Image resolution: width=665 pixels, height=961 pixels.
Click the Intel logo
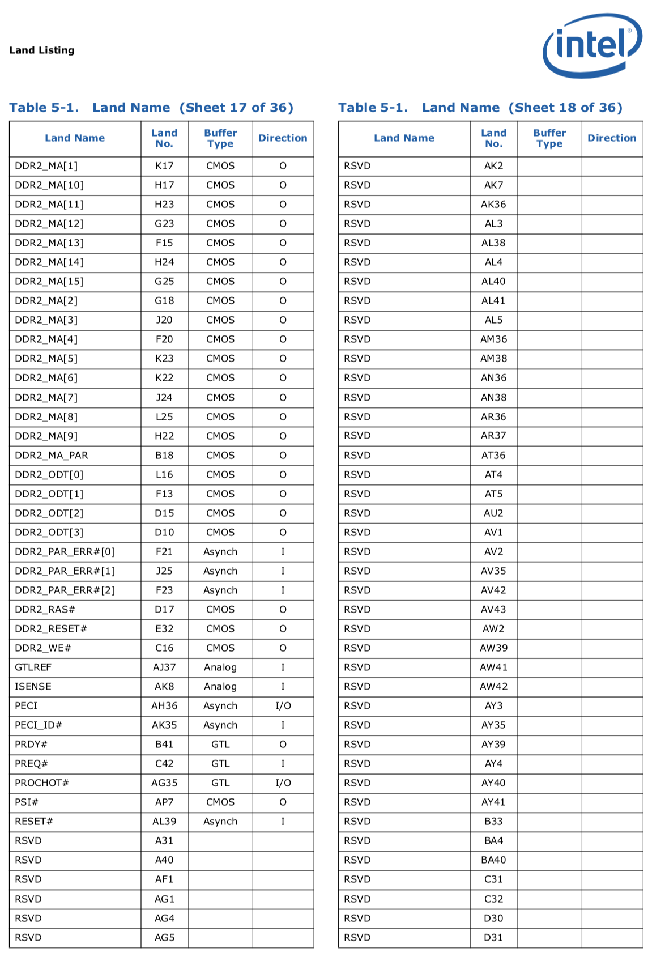tap(592, 45)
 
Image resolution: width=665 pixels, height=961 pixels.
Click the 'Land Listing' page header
tap(42, 50)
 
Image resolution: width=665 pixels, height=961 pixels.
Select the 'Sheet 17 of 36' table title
tap(151, 108)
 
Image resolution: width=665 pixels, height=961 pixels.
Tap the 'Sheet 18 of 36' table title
tap(480, 108)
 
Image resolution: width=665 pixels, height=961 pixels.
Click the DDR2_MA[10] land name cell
tap(49, 185)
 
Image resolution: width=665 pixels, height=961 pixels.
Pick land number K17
tap(164, 166)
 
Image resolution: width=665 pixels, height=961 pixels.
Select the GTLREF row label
tap(33, 667)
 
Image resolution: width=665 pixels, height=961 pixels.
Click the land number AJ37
tap(164, 667)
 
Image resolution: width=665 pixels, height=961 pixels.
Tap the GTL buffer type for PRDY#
tap(220, 745)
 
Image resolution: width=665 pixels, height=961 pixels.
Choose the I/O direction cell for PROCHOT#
tap(283, 783)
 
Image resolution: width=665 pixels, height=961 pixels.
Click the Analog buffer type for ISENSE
tap(220, 687)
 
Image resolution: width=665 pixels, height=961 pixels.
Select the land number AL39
tap(164, 822)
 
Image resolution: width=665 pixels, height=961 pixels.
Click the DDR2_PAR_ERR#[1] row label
tap(65, 571)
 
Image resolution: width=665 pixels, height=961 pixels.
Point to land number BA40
tap(493, 860)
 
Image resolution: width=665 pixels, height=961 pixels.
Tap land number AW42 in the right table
tap(493, 687)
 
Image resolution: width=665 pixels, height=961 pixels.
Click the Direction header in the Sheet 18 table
tap(612, 138)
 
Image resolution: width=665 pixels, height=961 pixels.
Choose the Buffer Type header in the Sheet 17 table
tap(220, 138)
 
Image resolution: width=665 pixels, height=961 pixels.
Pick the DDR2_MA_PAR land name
tap(52, 456)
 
